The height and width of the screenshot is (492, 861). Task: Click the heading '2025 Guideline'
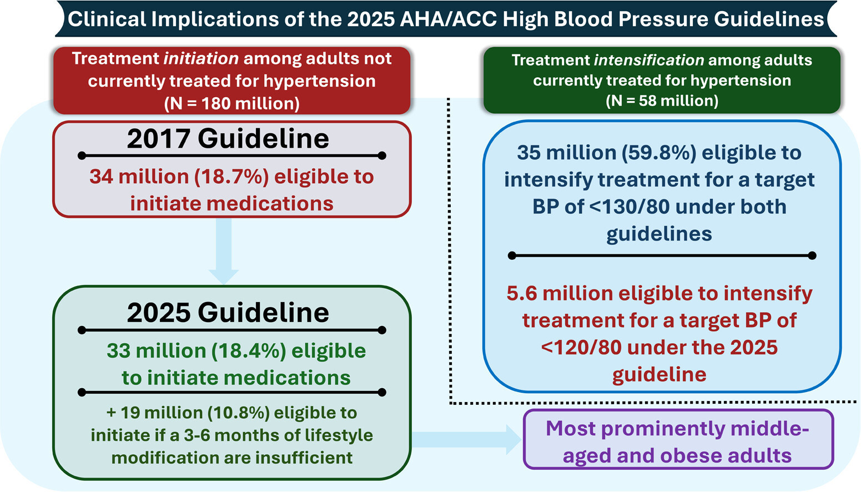pyautogui.click(x=228, y=312)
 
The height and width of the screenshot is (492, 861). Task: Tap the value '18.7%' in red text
pyautogui.click(x=231, y=177)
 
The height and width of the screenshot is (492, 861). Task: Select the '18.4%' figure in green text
pyautogui.click(x=249, y=350)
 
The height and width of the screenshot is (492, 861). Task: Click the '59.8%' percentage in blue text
pyautogui.click(x=659, y=153)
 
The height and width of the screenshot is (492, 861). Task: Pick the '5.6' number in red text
pyautogui.click(x=522, y=293)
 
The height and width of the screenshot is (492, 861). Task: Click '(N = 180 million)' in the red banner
pyautogui.click(x=232, y=103)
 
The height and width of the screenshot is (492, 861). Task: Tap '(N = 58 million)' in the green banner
pyautogui.click(x=662, y=101)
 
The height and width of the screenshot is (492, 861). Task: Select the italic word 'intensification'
pyautogui.click(x=649, y=60)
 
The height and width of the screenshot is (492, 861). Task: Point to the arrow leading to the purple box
pyautogui.click(x=467, y=439)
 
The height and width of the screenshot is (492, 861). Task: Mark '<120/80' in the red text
pyautogui.click(x=581, y=348)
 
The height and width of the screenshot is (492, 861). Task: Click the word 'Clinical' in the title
pyautogui.click(x=107, y=19)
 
